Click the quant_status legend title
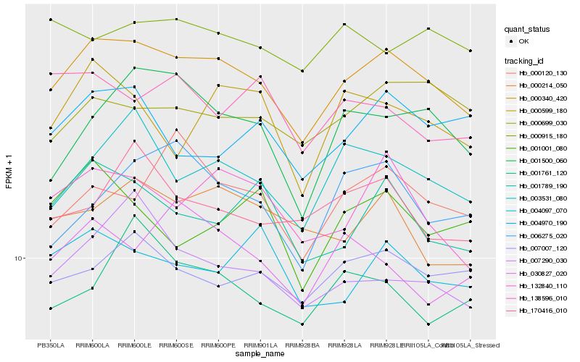point(527,30)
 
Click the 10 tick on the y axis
point(18,258)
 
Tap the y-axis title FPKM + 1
point(9,172)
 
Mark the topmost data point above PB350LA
point(50,20)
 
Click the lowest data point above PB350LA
point(50,308)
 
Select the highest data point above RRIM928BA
point(302,71)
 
